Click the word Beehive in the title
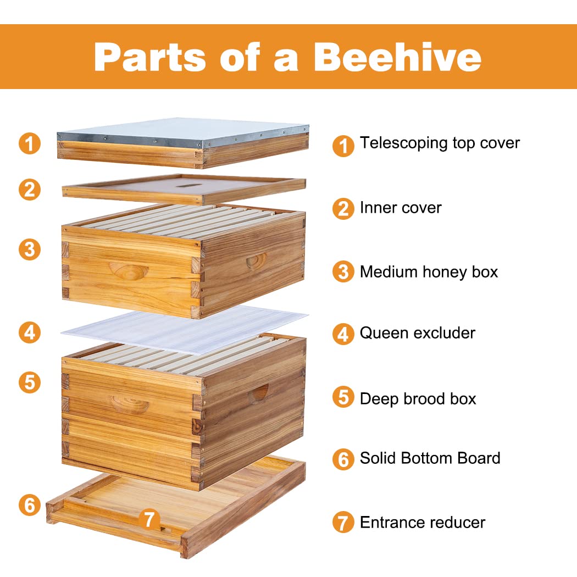pos(398,57)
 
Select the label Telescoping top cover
pos(440,143)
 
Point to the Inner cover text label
pos(401,208)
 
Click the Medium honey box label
pos(429,271)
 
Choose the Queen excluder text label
pos(417,332)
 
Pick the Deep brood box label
pos(418,398)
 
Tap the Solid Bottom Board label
pos(430,458)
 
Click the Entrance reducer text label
pos(422,522)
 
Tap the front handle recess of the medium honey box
pos(129,270)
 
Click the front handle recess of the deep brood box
pos(129,404)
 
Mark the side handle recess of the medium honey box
pos(256,260)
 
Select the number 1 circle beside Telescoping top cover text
pos(343,146)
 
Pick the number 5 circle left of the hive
pos(30,382)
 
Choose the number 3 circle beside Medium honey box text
pos(343,272)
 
